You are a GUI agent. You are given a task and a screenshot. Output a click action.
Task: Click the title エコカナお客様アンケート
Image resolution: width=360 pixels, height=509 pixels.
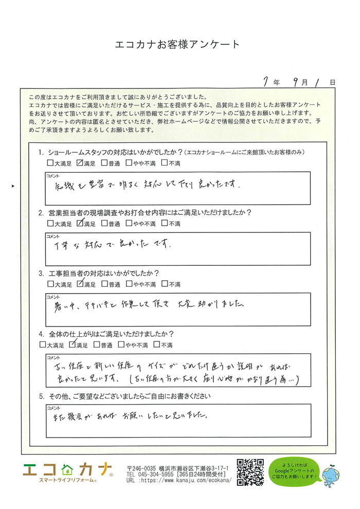coord(177,45)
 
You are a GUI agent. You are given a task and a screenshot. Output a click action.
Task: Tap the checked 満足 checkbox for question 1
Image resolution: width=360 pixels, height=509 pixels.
coord(79,163)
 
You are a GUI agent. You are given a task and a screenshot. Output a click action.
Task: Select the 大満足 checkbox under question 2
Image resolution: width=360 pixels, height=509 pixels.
coord(50,224)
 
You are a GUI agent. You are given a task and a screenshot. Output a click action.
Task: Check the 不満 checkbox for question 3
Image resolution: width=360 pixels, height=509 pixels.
coord(164,283)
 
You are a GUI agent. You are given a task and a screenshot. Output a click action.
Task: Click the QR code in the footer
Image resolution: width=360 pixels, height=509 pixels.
coord(250,472)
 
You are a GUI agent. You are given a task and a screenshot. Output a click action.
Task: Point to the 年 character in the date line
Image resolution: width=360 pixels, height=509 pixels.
coord(277,82)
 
